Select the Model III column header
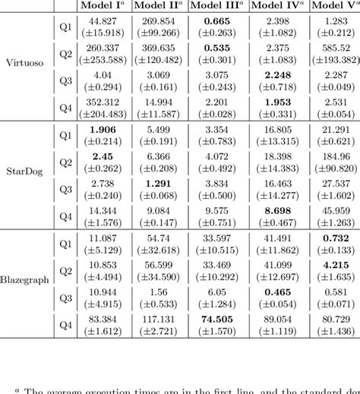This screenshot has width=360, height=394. point(219,6)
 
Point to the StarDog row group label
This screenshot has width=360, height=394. point(26,182)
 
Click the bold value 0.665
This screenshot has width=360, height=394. point(219,18)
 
